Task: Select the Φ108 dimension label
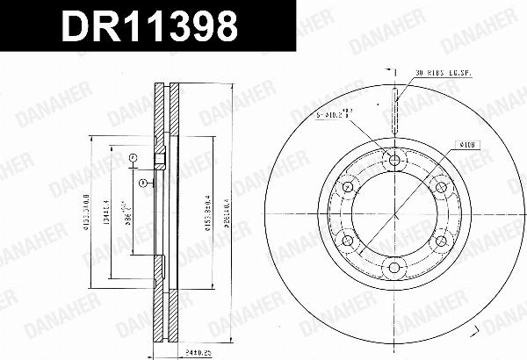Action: point(466,143)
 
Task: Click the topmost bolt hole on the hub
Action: point(393,160)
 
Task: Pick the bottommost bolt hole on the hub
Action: point(393,267)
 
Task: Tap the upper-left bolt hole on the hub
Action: point(347,187)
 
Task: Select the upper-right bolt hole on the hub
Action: point(440,187)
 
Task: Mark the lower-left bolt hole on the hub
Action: point(347,241)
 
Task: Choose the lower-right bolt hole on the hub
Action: point(440,241)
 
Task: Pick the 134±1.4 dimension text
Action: point(105,213)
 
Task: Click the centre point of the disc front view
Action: point(393,213)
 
